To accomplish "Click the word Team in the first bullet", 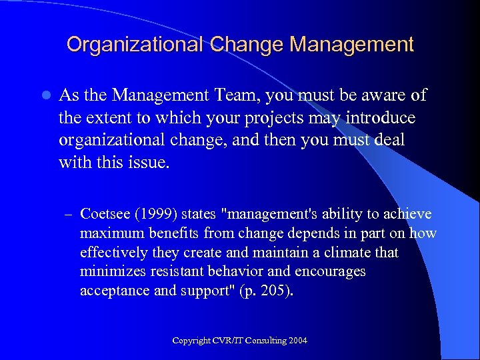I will point(237,96).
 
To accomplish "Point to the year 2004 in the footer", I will point(298,341).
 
